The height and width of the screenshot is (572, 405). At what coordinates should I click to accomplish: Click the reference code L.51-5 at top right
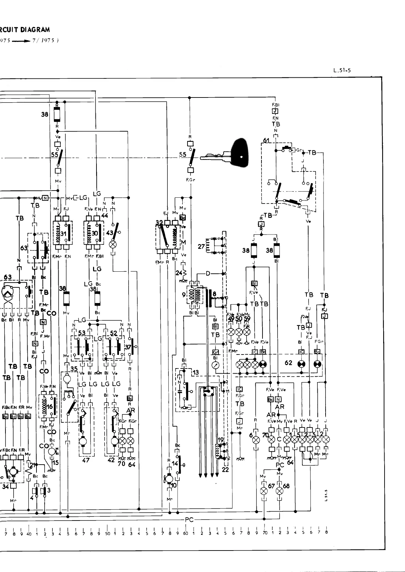[x=342, y=71]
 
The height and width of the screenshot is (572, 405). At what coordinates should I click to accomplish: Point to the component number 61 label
[x=266, y=140]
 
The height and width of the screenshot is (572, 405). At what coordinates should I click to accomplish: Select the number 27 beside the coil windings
[x=201, y=246]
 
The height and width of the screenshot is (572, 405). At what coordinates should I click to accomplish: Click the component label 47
[x=86, y=460]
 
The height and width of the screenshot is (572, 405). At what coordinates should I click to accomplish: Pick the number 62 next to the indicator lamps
[x=288, y=362]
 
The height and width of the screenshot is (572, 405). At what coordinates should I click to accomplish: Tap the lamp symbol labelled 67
[x=264, y=491]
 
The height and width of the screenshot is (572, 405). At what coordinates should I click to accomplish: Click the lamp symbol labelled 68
[x=279, y=491]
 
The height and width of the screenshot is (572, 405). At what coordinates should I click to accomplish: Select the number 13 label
[x=195, y=373]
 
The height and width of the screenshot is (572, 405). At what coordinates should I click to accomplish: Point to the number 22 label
[x=225, y=469]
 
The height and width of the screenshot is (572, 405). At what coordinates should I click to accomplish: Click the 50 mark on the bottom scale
[x=107, y=533]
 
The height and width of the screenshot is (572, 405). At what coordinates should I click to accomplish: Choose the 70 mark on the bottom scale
[x=265, y=533]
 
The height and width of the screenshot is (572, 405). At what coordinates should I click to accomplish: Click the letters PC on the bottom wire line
[x=189, y=520]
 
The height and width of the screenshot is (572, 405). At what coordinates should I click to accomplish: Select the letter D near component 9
[x=208, y=273]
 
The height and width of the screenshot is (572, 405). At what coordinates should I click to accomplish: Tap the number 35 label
[x=74, y=369]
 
